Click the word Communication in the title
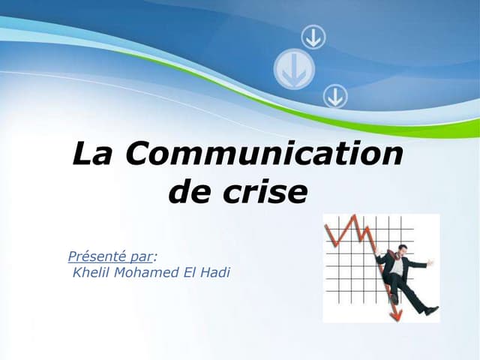pyautogui.click(x=265, y=154)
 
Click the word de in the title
pyautogui.click(x=187, y=192)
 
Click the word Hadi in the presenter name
pyautogui.click(x=214, y=271)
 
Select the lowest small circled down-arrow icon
pyautogui.click(x=334, y=96)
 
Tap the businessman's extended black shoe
pyautogui.click(x=431, y=310)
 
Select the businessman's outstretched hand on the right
pyautogui.click(x=431, y=262)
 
